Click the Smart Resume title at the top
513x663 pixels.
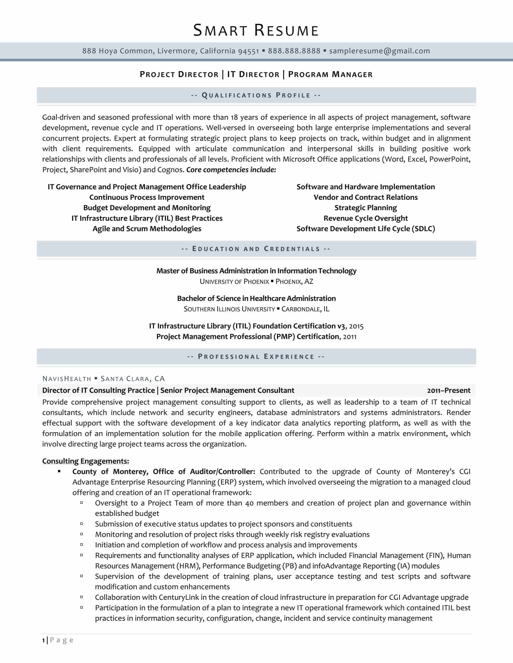[x=256, y=31]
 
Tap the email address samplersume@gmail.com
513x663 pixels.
[x=380, y=51]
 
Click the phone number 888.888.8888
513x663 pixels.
[x=294, y=51]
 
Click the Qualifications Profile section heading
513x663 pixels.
[x=256, y=95]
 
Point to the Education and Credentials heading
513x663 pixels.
[x=256, y=249]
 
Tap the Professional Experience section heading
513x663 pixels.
[x=256, y=357]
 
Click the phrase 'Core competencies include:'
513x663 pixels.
[x=231, y=170]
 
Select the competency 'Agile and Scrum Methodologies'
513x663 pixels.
[x=147, y=229]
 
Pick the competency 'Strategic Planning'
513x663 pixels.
[x=366, y=208]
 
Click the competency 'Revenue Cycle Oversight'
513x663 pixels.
[x=366, y=218]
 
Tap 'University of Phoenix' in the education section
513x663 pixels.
[x=234, y=281]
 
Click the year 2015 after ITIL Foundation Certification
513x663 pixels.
[x=356, y=326]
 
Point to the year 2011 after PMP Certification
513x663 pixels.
[x=349, y=337]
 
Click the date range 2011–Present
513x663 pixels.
[x=448, y=391]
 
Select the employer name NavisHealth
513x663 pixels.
[x=67, y=379]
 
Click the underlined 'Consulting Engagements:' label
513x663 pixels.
[x=86, y=461]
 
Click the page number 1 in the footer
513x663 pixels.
[x=44, y=640]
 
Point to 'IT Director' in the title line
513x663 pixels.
[x=253, y=74]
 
